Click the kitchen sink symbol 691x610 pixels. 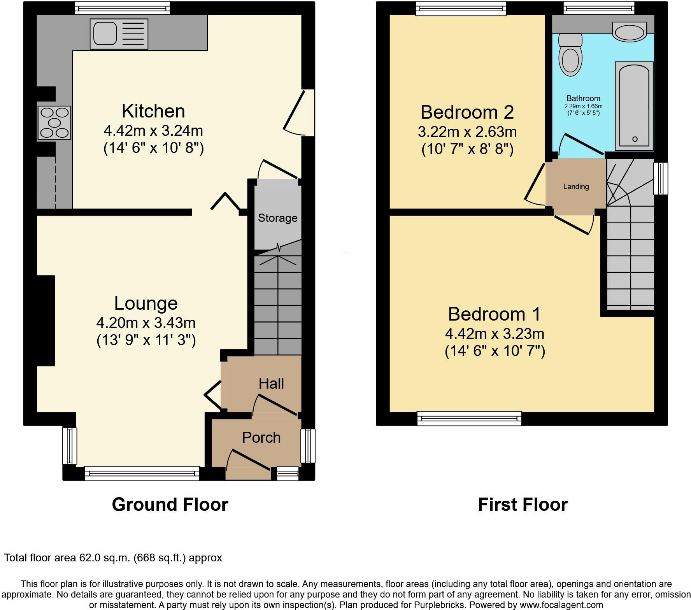click(x=119, y=34)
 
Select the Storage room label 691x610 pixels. click(x=277, y=218)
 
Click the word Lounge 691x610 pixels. click(x=146, y=303)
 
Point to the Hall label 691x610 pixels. click(x=271, y=384)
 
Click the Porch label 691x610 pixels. click(x=261, y=438)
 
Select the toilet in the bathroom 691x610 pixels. click(x=570, y=54)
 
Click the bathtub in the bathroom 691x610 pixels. click(x=634, y=106)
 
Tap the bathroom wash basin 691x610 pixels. click(x=629, y=30)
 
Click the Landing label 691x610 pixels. click(x=576, y=187)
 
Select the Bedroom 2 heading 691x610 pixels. click(x=467, y=112)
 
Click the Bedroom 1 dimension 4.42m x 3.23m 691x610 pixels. click(x=495, y=334)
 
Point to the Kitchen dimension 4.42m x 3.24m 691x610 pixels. click(x=153, y=130)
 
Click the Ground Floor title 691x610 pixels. click(x=170, y=505)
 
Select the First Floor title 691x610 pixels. click(x=523, y=505)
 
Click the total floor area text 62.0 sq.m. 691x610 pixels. click(x=113, y=558)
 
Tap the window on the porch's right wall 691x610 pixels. click(x=308, y=446)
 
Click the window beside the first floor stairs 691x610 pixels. click(x=660, y=178)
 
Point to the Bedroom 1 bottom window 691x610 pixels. click(x=469, y=419)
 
